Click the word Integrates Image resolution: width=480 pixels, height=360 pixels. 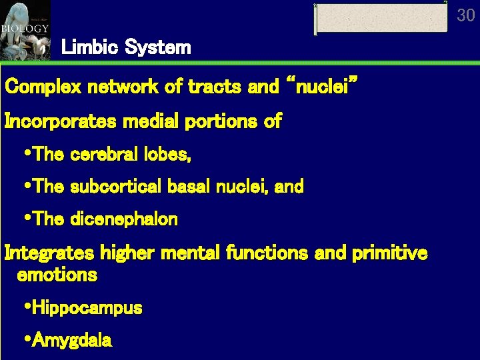coord(50,253)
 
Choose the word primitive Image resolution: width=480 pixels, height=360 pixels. coord(391,253)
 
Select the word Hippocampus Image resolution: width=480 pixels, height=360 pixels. coord(87,308)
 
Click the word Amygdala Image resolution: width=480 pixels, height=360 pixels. coord(72,341)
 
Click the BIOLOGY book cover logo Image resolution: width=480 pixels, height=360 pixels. coord(25,30)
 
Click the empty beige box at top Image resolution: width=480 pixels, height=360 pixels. coord(381,18)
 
